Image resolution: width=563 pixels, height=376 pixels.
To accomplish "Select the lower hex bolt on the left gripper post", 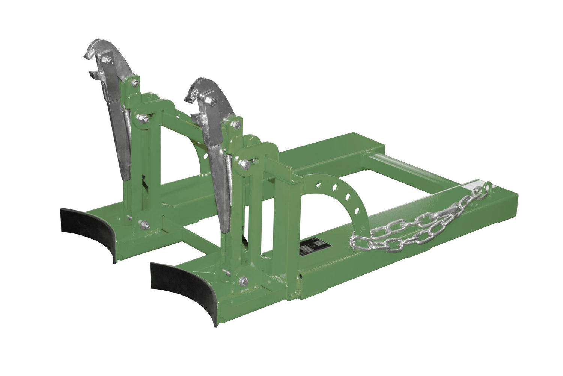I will (x=144, y=226).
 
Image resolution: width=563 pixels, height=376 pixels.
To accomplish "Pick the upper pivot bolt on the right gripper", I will (x=245, y=164).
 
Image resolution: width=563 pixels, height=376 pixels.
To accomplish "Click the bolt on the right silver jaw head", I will (x=213, y=100).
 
